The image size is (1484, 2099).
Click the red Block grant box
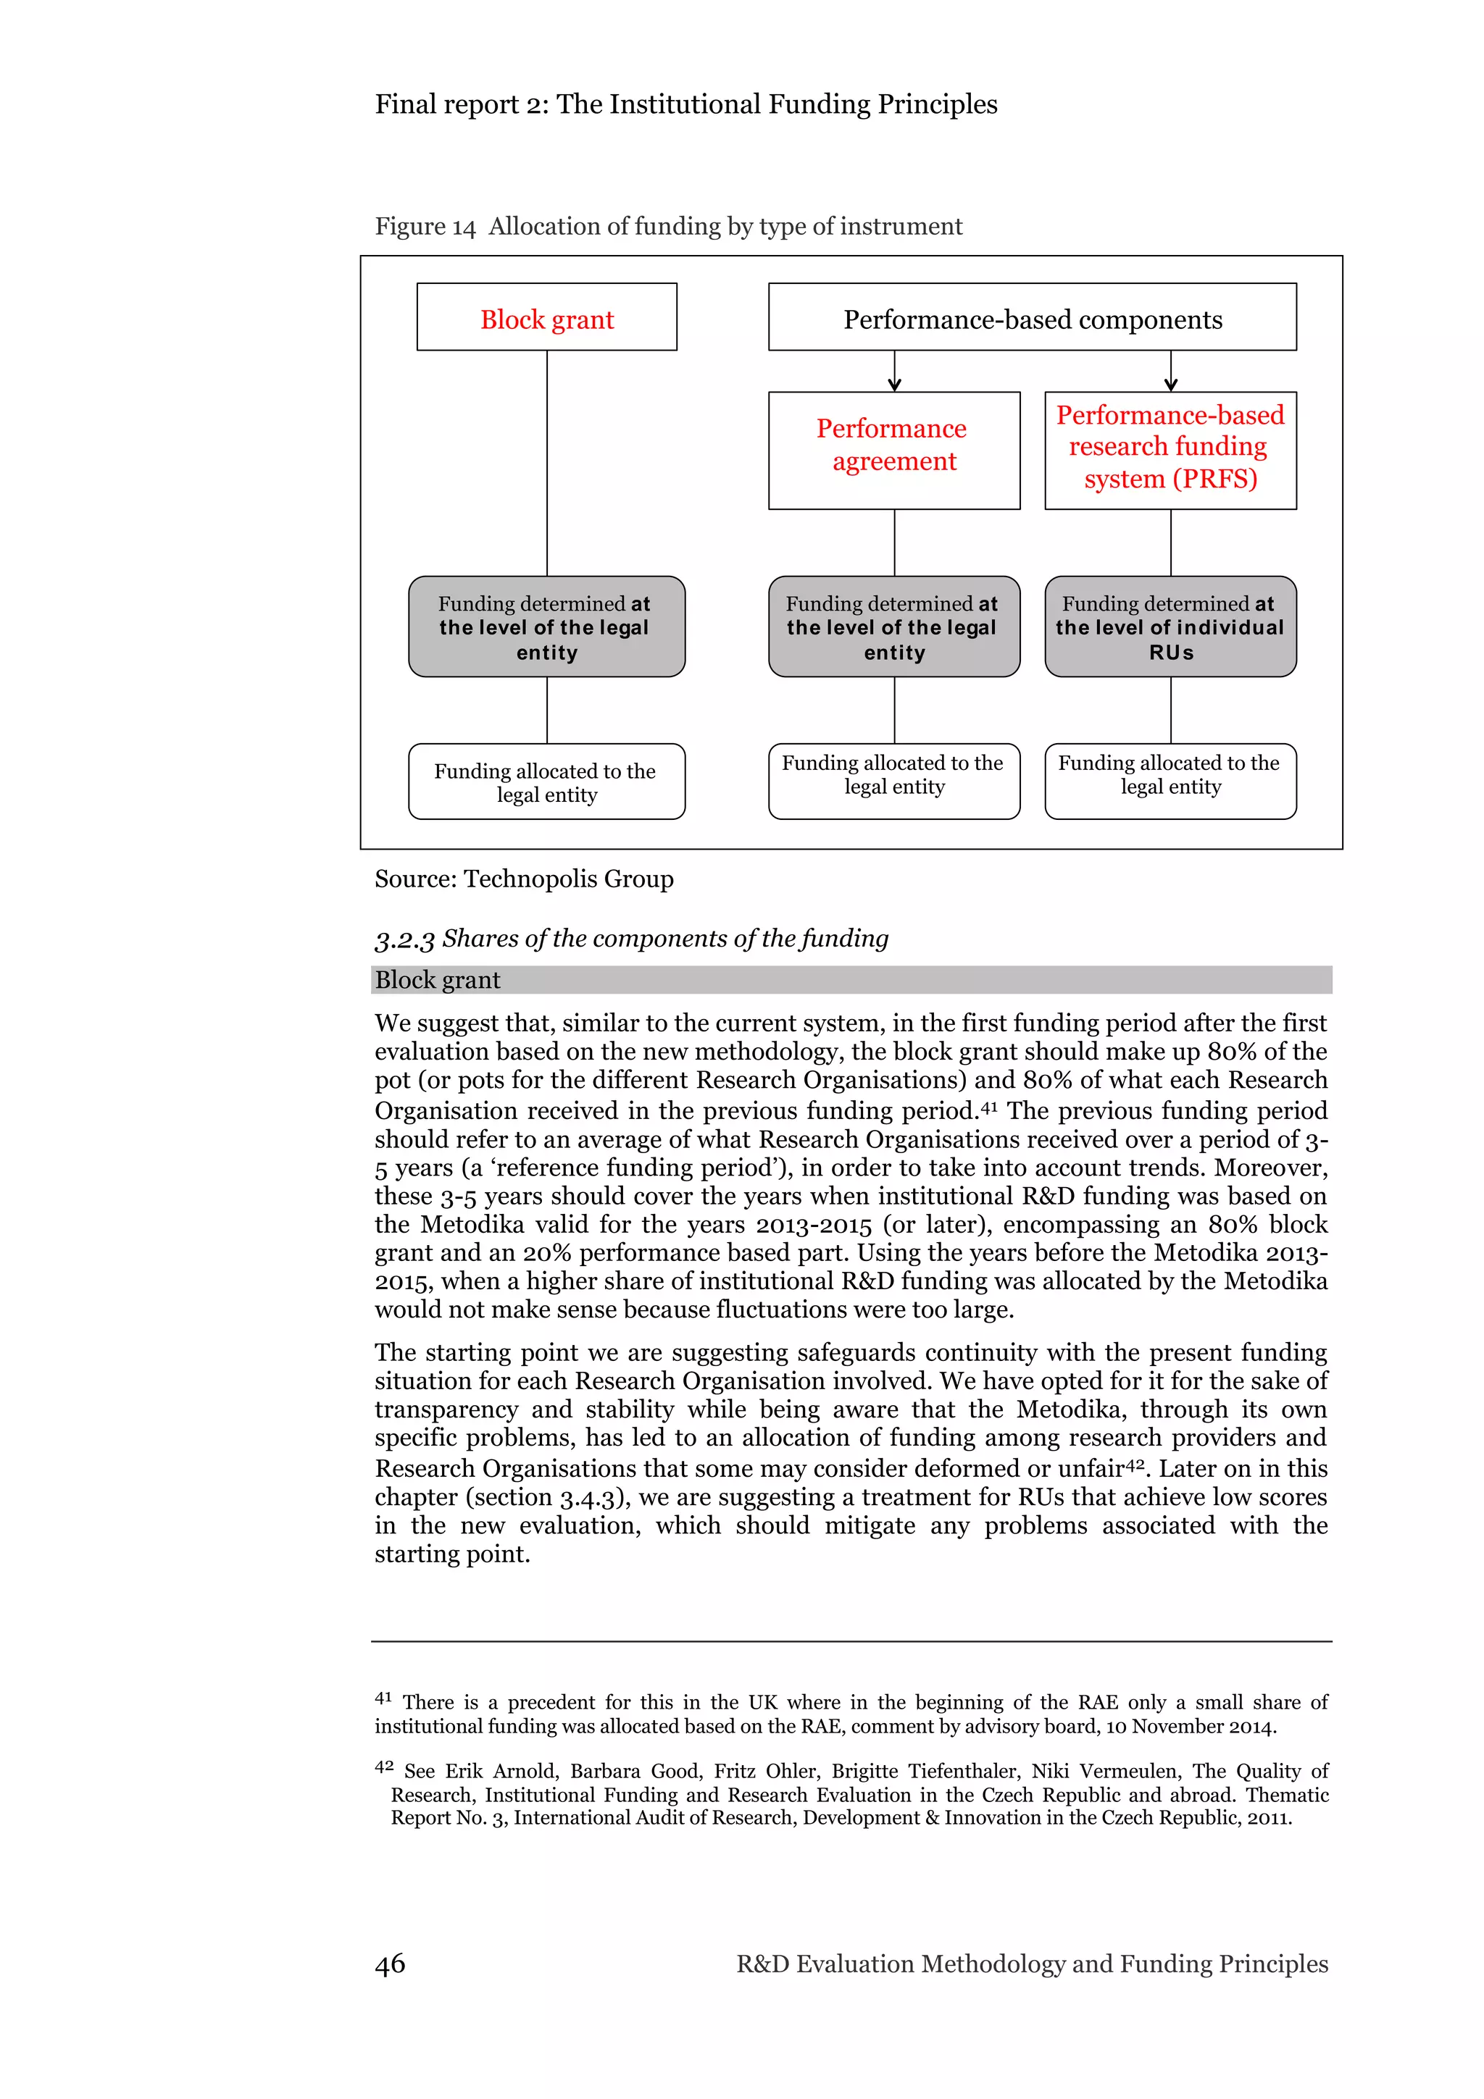(x=547, y=317)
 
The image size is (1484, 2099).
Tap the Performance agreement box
(x=893, y=450)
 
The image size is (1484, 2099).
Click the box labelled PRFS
(x=1170, y=450)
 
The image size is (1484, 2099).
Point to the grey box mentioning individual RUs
(x=1170, y=627)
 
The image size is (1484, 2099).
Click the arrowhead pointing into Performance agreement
(x=894, y=385)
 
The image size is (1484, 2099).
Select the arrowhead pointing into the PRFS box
(x=1170, y=385)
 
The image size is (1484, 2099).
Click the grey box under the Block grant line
(x=547, y=627)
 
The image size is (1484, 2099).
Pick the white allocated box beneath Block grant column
(x=547, y=782)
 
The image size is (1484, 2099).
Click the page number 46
(x=390, y=1964)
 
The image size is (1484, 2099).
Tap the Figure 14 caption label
(x=425, y=227)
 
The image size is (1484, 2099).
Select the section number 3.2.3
(x=404, y=939)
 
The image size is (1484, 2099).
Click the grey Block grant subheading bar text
(x=437, y=980)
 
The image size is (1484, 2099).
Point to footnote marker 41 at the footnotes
(x=383, y=1698)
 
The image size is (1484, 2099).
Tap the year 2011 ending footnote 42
(x=1268, y=1817)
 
